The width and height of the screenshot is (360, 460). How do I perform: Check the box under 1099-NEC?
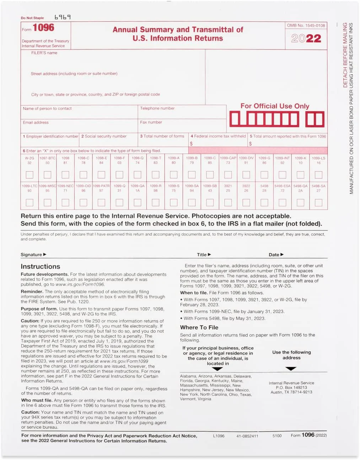[x=65, y=202]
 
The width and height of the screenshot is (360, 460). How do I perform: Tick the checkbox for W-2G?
[x=29, y=175]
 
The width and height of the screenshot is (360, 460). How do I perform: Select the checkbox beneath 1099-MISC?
[x=47, y=202]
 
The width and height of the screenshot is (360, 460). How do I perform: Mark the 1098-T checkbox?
[x=155, y=175]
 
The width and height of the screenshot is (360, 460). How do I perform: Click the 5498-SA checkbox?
[x=318, y=202]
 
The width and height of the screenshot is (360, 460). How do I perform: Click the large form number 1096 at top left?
[x=43, y=28]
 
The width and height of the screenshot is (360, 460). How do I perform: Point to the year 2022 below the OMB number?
[x=306, y=38]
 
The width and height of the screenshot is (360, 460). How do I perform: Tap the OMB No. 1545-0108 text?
[x=306, y=26]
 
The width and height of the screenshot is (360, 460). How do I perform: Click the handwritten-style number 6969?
[x=63, y=17]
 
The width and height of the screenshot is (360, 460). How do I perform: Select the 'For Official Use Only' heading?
[x=275, y=106]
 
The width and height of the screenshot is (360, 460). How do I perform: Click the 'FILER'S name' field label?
[x=44, y=53]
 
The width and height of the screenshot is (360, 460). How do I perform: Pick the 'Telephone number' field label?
[x=157, y=108]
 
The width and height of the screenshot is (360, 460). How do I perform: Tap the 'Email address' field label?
[x=36, y=123]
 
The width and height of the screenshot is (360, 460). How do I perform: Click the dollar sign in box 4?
[x=191, y=144]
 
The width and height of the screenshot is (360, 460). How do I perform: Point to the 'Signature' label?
[x=32, y=255]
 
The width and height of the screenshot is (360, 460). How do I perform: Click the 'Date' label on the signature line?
[x=274, y=255]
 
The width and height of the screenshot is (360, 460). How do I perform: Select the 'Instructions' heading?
[x=40, y=266]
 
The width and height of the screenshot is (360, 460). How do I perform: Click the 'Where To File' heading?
[x=199, y=328]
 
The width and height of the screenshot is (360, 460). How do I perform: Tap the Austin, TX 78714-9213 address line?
[x=291, y=392]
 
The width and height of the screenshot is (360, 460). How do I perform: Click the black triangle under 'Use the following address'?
[x=291, y=369]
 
